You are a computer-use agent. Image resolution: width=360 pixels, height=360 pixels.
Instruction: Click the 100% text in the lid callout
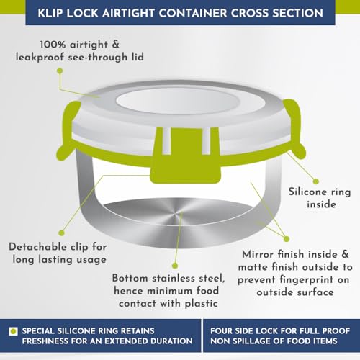tap(53, 45)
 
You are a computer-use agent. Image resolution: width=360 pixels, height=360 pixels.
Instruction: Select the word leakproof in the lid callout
tap(40, 58)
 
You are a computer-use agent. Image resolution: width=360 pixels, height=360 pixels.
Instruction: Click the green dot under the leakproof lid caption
tap(60, 71)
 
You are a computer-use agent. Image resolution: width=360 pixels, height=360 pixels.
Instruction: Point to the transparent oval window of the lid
tap(191, 101)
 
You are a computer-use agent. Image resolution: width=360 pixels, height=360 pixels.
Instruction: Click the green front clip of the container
tap(186, 156)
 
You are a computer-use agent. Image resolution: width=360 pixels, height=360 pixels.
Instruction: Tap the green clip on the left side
tap(68, 131)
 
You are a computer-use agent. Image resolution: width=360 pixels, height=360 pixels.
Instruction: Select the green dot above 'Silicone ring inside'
tap(316, 181)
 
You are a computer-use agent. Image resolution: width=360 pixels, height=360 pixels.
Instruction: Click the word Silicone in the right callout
tap(307, 192)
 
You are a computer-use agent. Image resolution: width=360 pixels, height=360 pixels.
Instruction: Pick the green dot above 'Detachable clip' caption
tap(62, 233)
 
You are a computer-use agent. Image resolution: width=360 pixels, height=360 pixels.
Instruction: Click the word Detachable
tap(37, 247)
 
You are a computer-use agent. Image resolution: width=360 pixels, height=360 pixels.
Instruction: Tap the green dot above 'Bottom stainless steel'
tap(175, 266)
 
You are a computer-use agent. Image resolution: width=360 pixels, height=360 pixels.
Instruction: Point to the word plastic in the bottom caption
tap(202, 304)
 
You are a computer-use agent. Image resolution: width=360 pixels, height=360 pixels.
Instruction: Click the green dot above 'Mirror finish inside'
tap(287, 239)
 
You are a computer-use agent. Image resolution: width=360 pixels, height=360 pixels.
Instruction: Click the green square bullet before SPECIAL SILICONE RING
tap(13, 331)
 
